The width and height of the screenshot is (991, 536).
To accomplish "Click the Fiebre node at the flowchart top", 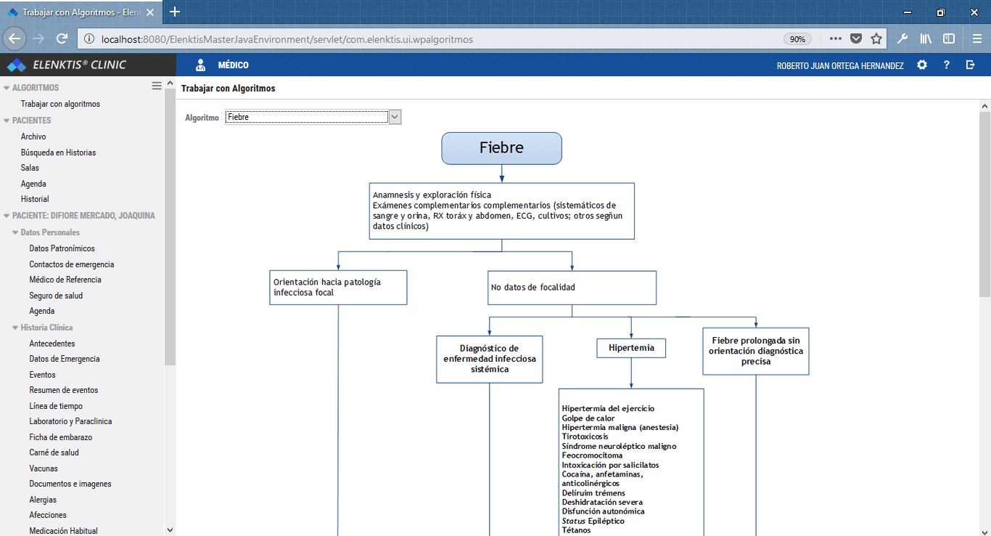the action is coord(502,148).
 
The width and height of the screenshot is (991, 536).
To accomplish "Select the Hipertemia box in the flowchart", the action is coord(631,348).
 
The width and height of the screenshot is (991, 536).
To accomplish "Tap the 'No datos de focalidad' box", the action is coord(572,288).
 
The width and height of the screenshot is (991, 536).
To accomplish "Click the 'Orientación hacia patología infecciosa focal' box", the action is coord(339,288).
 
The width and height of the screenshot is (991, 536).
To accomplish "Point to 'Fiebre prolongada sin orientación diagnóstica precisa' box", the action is coord(756,351).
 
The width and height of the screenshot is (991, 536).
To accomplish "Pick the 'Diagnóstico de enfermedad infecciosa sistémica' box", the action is coord(489,359).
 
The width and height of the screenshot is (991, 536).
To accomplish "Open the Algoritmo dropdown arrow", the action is coord(395,117).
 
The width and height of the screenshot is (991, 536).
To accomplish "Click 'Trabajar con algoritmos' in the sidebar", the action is coord(60,104).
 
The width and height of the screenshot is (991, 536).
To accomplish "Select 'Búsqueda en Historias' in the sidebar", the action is coord(58,153).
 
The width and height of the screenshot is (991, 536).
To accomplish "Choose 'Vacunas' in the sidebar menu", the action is coord(44,468).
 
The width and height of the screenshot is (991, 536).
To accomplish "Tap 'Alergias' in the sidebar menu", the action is coord(43,499).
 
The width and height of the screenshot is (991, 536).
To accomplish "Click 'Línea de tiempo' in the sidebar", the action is coord(56,406).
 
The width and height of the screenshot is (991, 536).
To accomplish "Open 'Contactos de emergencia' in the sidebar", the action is coord(72,264).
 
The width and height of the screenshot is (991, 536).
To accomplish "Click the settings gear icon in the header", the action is coord(922,65).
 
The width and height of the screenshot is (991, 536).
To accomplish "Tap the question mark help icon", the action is coord(946,65).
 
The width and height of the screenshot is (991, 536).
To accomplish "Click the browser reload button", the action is coord(62,39).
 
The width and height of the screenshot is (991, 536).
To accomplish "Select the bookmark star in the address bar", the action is coord(876,39).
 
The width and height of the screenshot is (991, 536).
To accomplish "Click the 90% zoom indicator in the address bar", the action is coord(797,39).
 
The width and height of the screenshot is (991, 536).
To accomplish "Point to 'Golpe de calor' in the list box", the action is coord(588,418).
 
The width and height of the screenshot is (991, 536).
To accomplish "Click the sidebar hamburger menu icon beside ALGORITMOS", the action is coord(157,86).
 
